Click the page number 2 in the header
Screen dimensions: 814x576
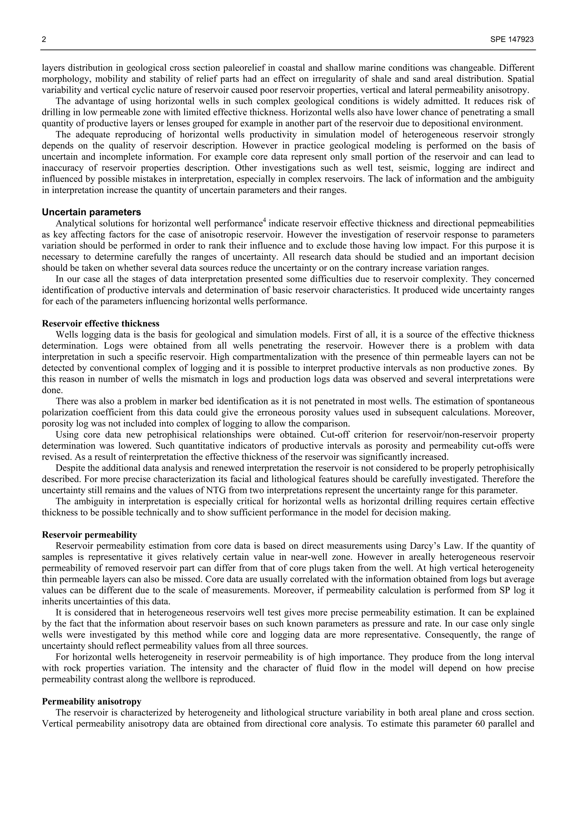pyautogui.click(x=44, y=40)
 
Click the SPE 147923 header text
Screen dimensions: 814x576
pyautogui.click(x=512, y=40)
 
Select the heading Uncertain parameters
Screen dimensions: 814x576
pyautogui.click(x=91, y=212)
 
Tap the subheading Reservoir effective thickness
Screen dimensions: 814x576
pyautogui.click(x=100, y=323)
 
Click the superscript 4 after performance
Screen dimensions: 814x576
pyautogui.click(x=264, y=221)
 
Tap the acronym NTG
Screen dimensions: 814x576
pyautogui.click(x=214, y=490)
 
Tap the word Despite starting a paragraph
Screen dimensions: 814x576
pyautogui.click(x=68, y=468)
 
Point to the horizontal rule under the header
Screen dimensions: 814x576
pyautogui.click(x=288, y=50)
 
